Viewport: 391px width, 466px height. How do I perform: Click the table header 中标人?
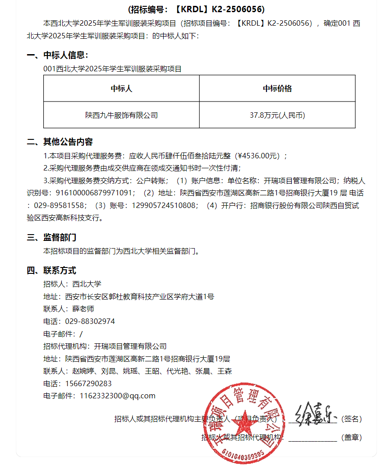click(121, 88)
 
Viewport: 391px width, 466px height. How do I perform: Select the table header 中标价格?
click(277, 88)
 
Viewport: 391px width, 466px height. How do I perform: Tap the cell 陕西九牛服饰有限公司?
click(121, 115)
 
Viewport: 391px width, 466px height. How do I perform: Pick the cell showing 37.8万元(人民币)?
click(277, 115)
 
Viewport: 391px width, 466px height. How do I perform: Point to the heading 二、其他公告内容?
click(60, 142)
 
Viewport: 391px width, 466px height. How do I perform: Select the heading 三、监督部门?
click(52, 237)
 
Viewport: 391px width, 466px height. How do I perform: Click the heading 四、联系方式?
click(52, 271)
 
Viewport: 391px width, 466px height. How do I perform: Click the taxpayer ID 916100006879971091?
click(95, 193)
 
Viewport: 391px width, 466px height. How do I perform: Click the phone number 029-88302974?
click(90, 322)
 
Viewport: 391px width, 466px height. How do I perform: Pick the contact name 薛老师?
click(83, 309)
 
